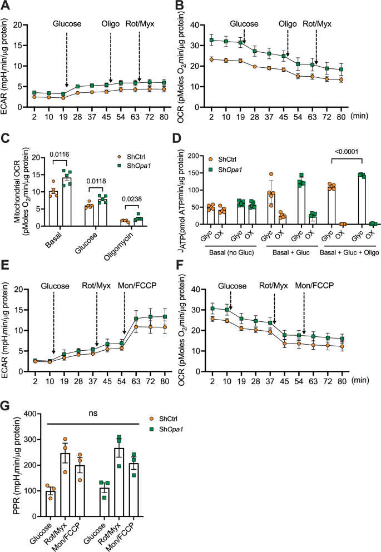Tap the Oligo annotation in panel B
point(288,24)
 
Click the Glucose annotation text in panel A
point(67,24)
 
